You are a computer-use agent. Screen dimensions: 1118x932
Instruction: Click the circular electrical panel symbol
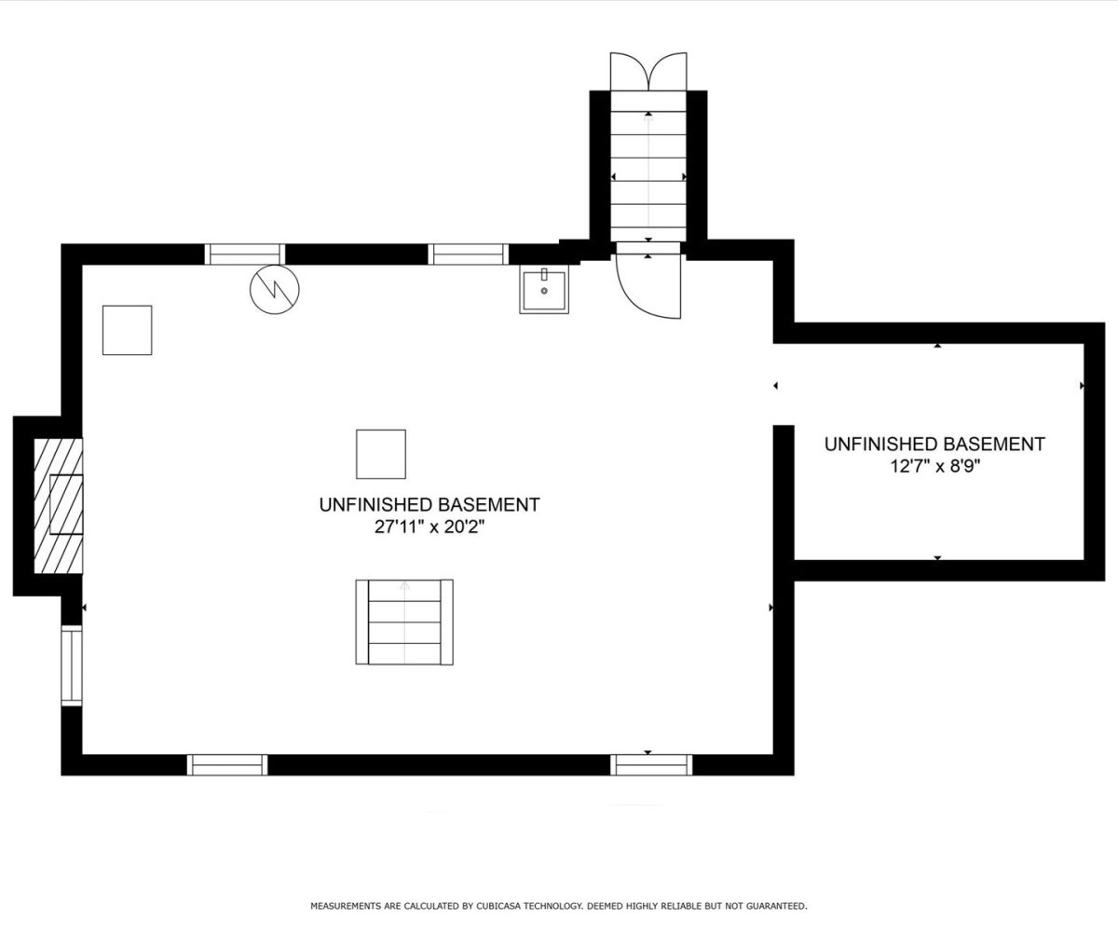(x=274, y=289)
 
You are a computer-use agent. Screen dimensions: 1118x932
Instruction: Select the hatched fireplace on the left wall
(x=59, y=506)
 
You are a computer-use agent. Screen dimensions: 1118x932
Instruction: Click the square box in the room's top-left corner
(x=127, y=330)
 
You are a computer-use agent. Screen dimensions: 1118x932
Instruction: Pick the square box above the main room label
(x=381, y=454)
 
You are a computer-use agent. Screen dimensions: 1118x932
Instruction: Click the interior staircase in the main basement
(x=404, y=622)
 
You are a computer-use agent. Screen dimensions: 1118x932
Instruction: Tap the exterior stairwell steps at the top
(x=648, y=166)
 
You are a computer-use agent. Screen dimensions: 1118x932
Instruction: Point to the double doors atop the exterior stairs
(x=648, y=71)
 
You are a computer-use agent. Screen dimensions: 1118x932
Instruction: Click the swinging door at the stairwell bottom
(x=648, y=281)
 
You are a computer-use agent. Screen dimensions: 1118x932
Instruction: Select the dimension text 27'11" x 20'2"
(x=429, y=528)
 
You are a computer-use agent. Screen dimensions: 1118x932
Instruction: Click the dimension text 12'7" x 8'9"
(x=934, y=467)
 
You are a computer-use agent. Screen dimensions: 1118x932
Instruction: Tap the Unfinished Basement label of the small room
(x=934, y=444)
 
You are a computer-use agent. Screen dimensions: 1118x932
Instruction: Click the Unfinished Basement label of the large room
(x=429, y=504)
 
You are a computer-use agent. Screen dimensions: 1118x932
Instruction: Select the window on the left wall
(x=71, y=665)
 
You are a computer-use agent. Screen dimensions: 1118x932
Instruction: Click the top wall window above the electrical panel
(x=245, y=254)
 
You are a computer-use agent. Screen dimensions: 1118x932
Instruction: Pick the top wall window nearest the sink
(x=468, y=254)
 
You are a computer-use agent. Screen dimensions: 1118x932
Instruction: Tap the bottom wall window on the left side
(x=227, y=765)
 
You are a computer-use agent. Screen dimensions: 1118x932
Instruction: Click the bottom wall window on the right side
(x=651, y=765)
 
